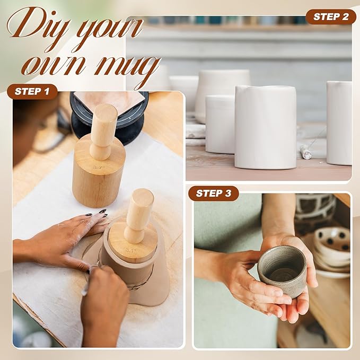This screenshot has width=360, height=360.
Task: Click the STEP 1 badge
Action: (x=32, y=91)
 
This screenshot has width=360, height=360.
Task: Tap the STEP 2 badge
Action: (x=330, y=16)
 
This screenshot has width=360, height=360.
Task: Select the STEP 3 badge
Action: (x=213, y=193)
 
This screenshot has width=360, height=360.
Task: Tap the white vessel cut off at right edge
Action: (x=339, y=122)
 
